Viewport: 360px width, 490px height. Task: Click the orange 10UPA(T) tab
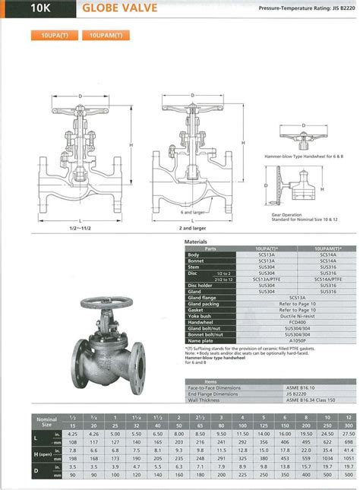point(52,35)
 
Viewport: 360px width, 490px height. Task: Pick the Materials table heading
point(196,242)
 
